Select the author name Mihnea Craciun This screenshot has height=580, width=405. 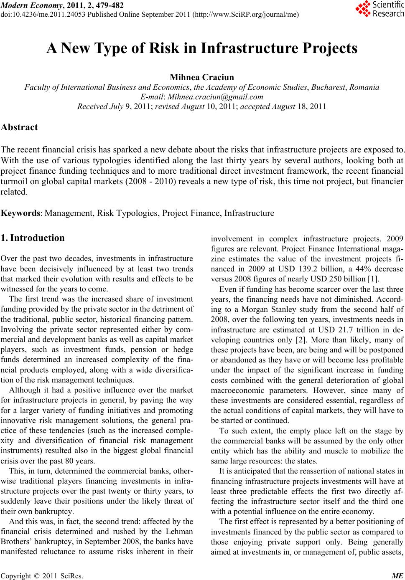point(202,78)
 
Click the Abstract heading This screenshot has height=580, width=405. point(20,127)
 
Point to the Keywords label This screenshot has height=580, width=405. point(21,213)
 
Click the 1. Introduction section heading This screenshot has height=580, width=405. point(33,238)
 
